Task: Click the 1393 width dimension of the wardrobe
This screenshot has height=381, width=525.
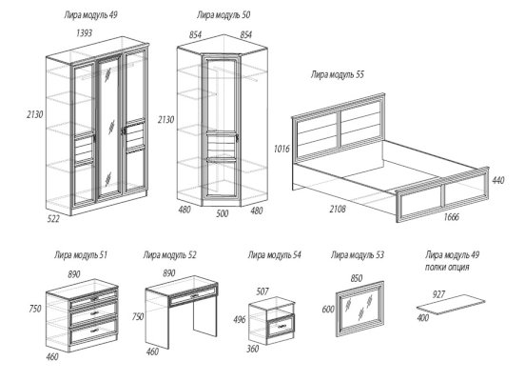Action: (x=84, y=33)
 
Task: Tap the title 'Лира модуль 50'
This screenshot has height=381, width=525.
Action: (x=224, y=14)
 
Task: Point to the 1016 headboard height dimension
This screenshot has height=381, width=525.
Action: (x=282, y=149)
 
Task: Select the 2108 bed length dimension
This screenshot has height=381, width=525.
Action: (x=338, y=210)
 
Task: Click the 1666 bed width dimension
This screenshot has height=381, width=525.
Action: (x=452, y=217)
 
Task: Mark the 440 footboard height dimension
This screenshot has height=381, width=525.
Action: (x=497, y=180)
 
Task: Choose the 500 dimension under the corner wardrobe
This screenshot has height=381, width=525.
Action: (x=222, y=213)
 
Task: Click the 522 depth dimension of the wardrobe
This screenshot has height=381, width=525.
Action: (x=53, y=219)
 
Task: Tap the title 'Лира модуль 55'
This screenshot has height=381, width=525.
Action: (x=338, y=74)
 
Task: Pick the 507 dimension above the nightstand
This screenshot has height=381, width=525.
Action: (x=262, y=291)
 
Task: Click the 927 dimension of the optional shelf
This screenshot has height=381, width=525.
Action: (x=438, y=294)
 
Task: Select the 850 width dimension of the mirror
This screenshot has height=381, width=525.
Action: (x=357, y=278)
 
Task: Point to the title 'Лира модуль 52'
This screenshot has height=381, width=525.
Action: (x=169, y=255)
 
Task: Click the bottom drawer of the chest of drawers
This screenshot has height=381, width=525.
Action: (x=93, y=331)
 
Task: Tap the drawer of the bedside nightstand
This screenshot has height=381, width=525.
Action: (x=281, y=327)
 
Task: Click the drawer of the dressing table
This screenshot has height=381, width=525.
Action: (x=193, y=295)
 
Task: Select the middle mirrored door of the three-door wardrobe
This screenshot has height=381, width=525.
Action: (x=109, y=128)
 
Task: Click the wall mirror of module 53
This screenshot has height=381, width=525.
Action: (x=360, y=309)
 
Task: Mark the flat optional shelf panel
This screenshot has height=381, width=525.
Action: (x=452, y=305)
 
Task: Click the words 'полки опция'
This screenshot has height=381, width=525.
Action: (x=447, y=268)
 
